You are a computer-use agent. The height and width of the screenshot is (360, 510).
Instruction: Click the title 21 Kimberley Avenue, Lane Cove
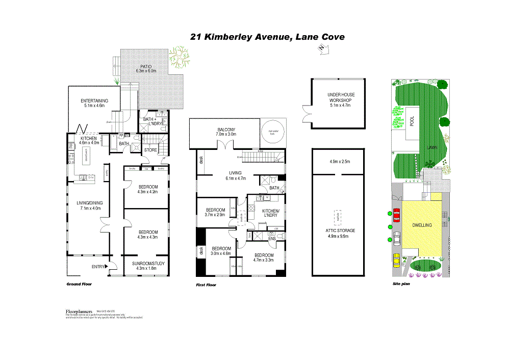pos(267,37)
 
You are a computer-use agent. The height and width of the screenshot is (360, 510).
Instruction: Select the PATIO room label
pos(146,67)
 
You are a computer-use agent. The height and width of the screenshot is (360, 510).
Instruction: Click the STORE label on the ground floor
pos(150,150)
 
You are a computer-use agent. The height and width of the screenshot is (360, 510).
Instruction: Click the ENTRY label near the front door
pos(97,266)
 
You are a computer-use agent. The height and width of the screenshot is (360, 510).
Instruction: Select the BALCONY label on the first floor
pos(226,130)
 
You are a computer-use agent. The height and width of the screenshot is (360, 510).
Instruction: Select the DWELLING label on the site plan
pos(422,225)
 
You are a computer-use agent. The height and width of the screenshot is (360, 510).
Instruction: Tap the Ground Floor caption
pos(79,284)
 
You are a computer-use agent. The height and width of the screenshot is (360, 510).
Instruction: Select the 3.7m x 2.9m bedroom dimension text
pos(215,215)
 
